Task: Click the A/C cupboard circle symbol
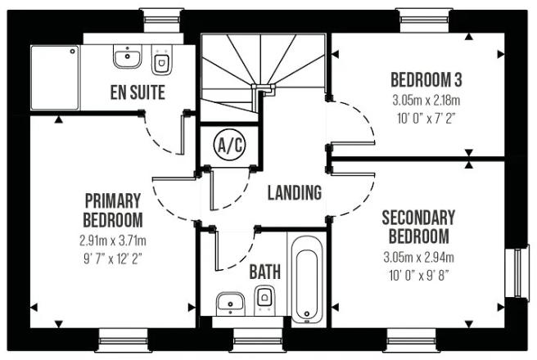pos(228,146)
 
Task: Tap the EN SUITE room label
pos(138,92)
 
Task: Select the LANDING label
pos(294,193)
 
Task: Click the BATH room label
pos(264,270)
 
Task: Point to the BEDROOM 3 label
pos(426,80)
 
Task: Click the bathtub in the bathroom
pos(307,278)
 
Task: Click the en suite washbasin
pos(127,57)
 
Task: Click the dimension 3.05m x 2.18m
pos(426,101)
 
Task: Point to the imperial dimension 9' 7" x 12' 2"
pos(113,258)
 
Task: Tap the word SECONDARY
pos(417,218)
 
